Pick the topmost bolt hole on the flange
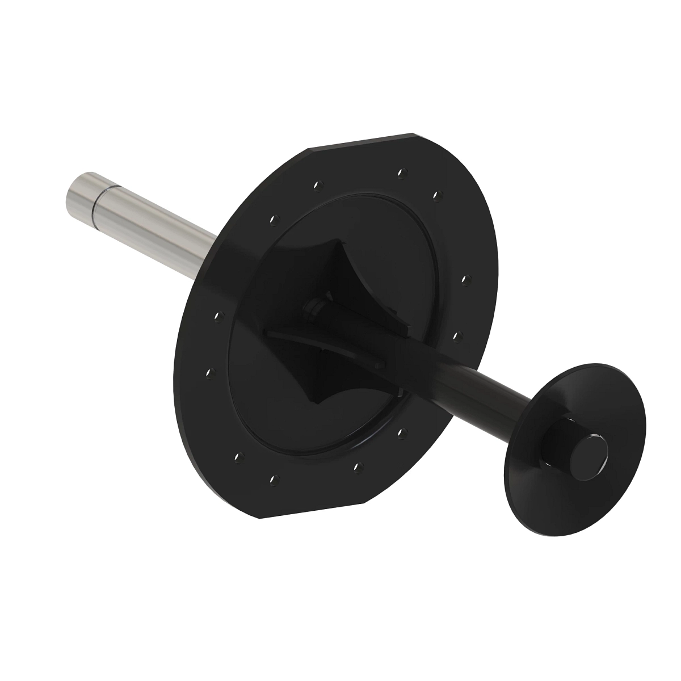coord(401,171)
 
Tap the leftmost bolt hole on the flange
coord(208,373)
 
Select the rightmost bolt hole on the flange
coord(464,279)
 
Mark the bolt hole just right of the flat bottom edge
coord(358,466)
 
